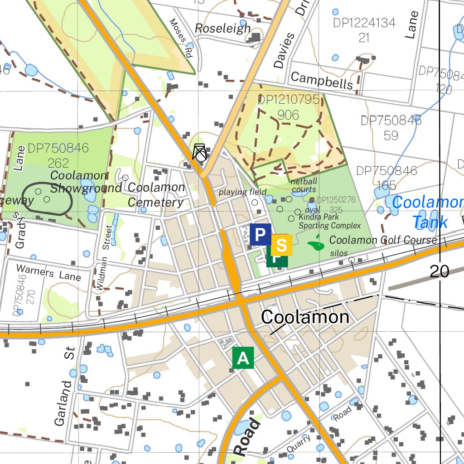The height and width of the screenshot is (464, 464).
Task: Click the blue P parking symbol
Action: pyautogui.click(x=260, y=234)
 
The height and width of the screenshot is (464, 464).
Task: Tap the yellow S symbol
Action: pyautogui.click(x=281, y=245)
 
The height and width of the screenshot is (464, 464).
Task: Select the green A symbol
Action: pyautogui.click(x=243, y=358)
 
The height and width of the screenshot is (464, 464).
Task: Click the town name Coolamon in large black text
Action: pyautogui.click(x=305, y=317)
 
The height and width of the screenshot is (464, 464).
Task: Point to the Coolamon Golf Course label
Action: pyautogui.click(x=383, y=240)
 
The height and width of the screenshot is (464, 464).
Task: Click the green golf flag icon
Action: pyautogui.click(x=316, y=245)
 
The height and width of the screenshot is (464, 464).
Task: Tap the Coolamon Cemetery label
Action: pyautogui.click(x=156, y=195)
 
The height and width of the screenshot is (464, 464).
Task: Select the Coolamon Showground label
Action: pyautogui.click(x=86, y=182)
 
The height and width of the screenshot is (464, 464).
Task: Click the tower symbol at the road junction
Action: pyautogui.click(x=200, y=152)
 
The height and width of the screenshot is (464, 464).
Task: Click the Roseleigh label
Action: pyautogui.click(x=222, y=29)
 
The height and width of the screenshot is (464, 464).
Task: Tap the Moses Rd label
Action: pyautogui.click(x=181, y=38)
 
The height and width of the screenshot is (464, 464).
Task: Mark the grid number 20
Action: pyautogui.click(x=439, y=271)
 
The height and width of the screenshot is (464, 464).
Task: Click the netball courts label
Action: pyautogui.click(x=304, y=185)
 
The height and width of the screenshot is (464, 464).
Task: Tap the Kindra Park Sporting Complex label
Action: pyautogui.click(x=329, y=222)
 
